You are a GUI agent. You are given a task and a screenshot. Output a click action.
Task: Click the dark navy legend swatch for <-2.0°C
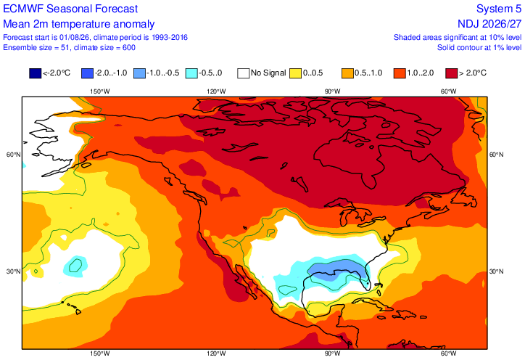pos(35,73)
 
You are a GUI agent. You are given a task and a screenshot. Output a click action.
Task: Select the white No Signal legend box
pos(243,73)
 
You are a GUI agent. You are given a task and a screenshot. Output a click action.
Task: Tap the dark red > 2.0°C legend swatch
pos(451,73)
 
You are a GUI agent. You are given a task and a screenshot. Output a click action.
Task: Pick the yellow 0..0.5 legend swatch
pos(295,73)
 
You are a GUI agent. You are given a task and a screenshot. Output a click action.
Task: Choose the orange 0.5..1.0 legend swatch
pos(347,73)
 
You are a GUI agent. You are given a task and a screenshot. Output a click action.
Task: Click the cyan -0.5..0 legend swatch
pos(191,73)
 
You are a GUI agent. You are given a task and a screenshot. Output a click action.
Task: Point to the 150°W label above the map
pos(100,91)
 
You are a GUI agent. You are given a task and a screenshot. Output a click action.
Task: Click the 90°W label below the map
pos(333,353)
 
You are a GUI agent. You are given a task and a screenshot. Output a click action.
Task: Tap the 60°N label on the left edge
pos(14,155)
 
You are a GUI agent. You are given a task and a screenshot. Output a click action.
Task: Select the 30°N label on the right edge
pos(497,271)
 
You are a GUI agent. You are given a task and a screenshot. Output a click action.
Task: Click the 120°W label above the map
pos(216,91)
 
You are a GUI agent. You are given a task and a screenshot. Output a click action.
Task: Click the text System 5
pos(499,9)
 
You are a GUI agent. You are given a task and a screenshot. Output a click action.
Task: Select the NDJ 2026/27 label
pos(489,24)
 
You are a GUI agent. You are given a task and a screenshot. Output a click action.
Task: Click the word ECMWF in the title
pos(23,9)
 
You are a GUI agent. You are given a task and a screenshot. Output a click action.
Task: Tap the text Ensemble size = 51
pos(36,48)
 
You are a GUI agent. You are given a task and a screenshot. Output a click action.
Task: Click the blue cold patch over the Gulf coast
pos(336,269)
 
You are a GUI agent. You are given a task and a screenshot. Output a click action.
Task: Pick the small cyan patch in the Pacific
pos(75,266)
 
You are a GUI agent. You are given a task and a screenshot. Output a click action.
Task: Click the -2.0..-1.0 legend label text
pos(111,73)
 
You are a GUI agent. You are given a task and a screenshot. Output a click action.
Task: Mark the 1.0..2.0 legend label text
pos(420,73)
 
